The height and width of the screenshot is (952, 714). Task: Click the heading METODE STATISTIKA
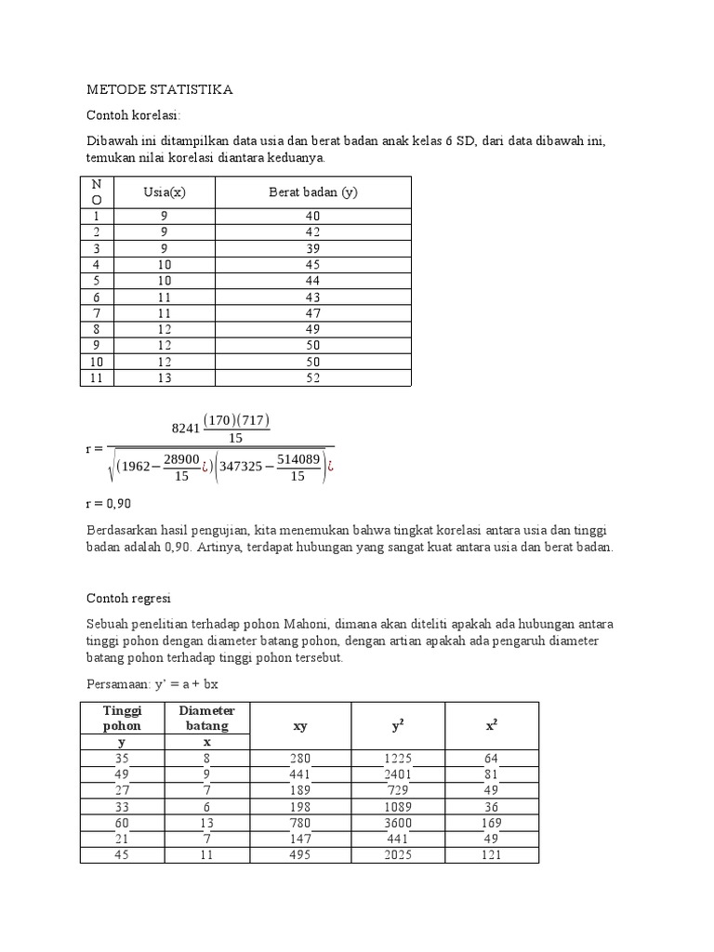click(x=159, y=90)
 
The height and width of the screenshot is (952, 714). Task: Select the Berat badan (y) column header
click(x=313, y=192)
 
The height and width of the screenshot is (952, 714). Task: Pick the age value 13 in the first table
click(x=164, y=378)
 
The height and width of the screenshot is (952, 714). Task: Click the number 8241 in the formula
click(x=186, y=429)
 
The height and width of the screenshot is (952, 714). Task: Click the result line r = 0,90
click(x=109, y=503)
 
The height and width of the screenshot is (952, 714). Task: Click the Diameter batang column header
click(x=207, y=718)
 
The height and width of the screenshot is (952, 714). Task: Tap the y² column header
click(x=398, y=726)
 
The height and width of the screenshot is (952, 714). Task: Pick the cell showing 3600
click(x=398, y=823)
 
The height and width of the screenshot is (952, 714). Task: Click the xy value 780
click(x=299, y=823)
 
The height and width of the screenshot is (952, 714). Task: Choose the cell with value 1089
click(x=398, y=807)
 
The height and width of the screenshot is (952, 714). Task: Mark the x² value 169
click(x=490, y=823)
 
